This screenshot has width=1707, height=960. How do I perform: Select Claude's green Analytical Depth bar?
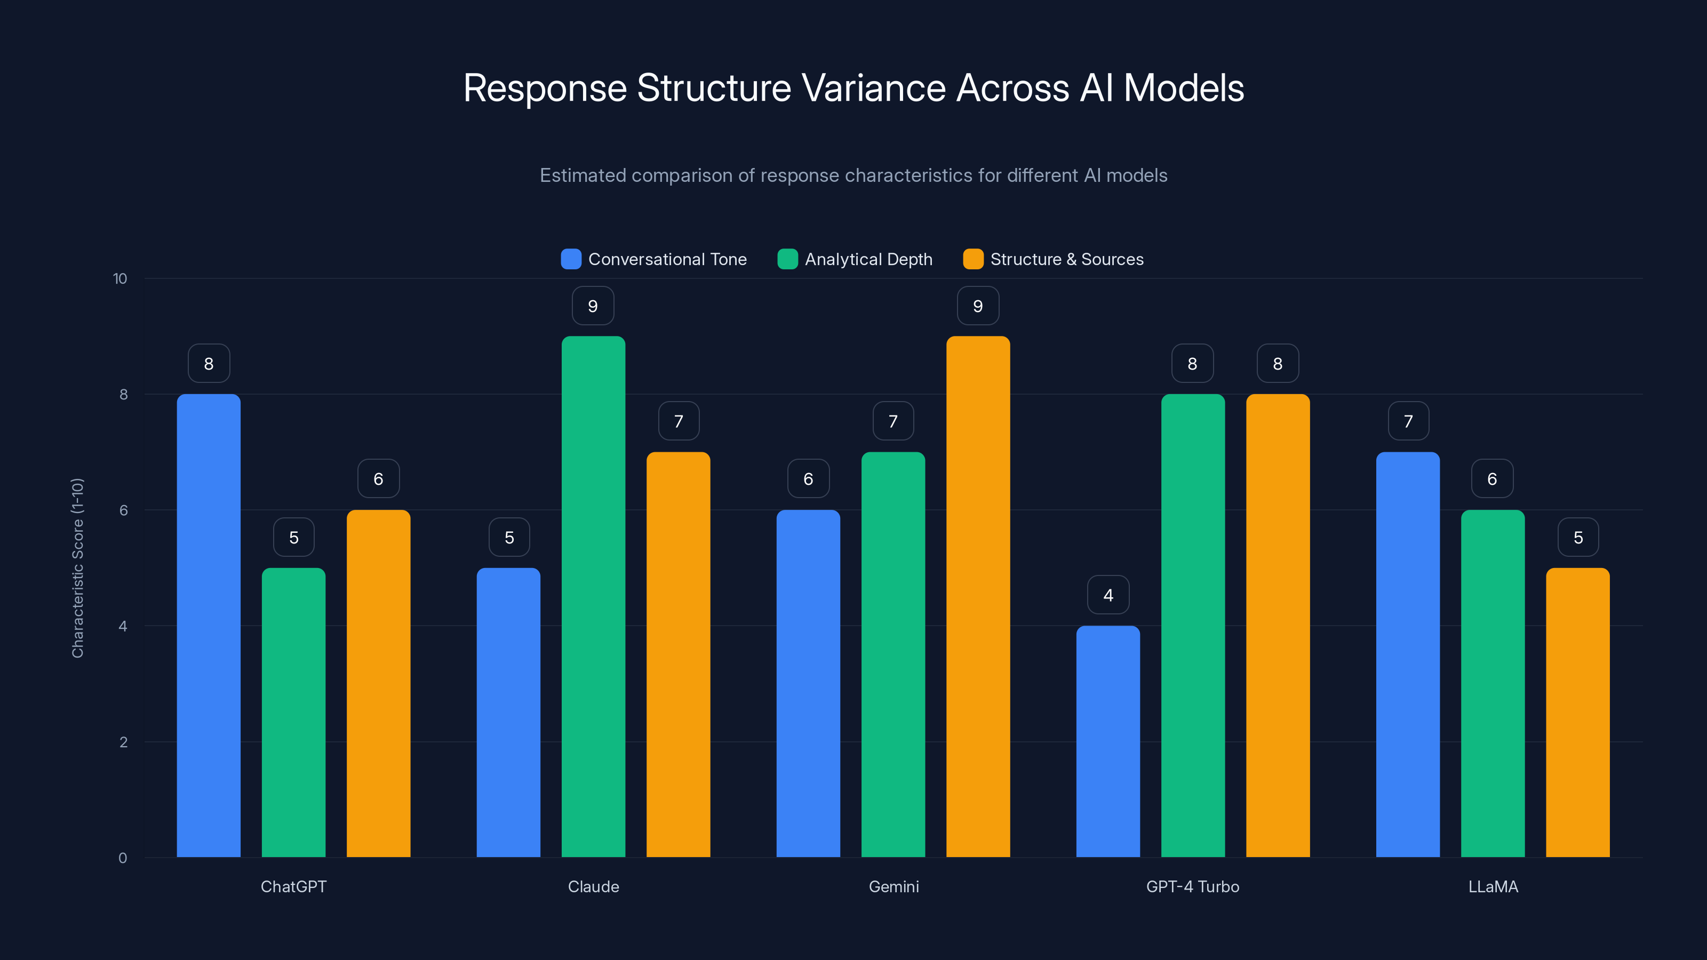click(593, 596)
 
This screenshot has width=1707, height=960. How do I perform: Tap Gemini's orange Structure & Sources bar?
click(978, 596)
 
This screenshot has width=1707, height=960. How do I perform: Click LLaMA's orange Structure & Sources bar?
click(1578, 712)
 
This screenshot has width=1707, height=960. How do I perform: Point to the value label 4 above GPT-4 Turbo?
click(1108, 595)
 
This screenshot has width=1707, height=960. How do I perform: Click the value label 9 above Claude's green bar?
click(593, 306)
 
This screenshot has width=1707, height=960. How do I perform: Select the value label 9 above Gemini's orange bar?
click(978, 306)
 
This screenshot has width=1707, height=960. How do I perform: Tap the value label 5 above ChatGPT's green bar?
click(293, 537)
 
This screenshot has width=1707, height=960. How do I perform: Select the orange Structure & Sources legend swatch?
click(973, 259)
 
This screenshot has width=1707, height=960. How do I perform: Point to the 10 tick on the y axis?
click(120, 278)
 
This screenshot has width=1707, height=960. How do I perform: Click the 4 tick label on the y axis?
click(123, 626)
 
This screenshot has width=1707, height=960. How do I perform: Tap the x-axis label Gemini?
click(894, 886)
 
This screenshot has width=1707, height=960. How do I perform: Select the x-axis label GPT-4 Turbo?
click(1192, 886)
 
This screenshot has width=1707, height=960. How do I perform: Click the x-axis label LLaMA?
click(1493, 886)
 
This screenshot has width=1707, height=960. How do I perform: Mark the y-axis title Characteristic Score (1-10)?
click(77, 568)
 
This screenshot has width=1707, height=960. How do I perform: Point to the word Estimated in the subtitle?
click(583, 175)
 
